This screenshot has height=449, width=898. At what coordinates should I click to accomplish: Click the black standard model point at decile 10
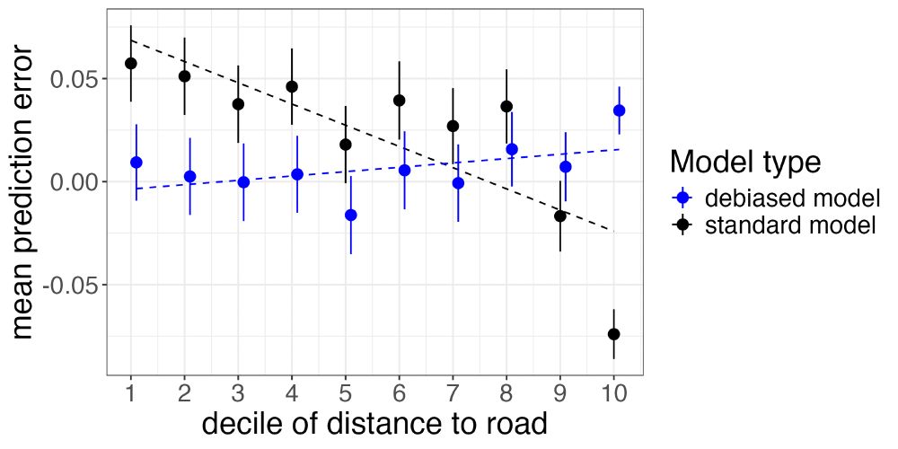(614, 334)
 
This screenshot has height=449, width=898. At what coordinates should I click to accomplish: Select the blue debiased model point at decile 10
(620, 110)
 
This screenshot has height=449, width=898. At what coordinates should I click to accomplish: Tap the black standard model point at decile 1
(131, 63)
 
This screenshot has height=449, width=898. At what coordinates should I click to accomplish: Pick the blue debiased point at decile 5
(351, 215)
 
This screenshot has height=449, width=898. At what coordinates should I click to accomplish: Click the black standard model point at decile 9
(560, 216)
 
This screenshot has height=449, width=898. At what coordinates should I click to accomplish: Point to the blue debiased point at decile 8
(512, 149)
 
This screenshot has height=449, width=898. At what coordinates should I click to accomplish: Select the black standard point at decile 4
(292, 86)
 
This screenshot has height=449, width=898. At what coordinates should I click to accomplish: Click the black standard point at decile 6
(400, 100)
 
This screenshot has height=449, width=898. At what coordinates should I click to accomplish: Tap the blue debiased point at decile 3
(243, 181)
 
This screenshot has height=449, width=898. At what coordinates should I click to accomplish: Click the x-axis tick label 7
(453, 393)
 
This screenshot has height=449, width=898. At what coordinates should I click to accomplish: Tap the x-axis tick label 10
(614, 393)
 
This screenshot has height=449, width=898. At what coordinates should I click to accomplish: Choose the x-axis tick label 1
(131, 393)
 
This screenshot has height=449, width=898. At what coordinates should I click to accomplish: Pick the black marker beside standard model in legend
(683, 224)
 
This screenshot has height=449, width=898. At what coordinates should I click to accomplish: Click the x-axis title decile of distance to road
(374, 424)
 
